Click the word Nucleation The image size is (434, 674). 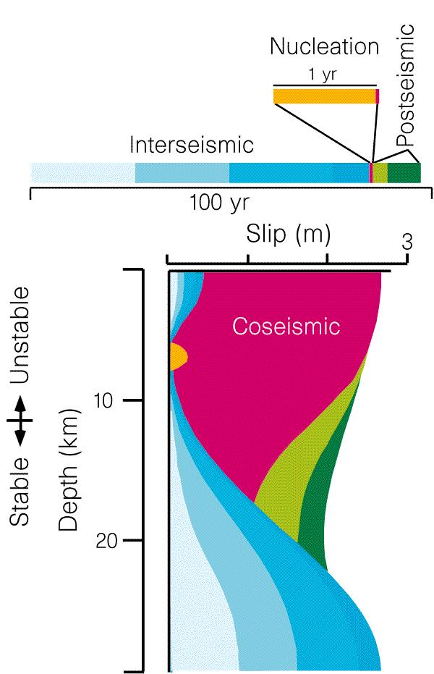pos(325,46)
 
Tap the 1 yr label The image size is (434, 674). pos(322,75)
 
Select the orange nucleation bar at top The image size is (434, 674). pos(325,96)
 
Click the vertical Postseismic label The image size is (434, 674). pos(405,85)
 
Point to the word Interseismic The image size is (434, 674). pos(192,145)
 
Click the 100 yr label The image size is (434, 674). pos(219,203)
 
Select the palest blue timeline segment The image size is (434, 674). pos(83,173)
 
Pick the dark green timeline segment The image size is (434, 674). pos(404,173)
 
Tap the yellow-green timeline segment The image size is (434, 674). pos(380,173)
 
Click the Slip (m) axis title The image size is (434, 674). pos(288,235)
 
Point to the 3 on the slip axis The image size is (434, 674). pos(407,242)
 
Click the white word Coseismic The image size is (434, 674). pos(286,327)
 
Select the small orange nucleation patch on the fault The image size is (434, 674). pos(179,356)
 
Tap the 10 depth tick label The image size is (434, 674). pos(103,400)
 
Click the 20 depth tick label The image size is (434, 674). pos(106,540)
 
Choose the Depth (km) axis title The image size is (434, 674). pos(69,470)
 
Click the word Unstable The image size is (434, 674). pos(20,335)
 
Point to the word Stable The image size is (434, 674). pos(20,492)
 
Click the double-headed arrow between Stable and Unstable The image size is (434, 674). pos(20,421)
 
